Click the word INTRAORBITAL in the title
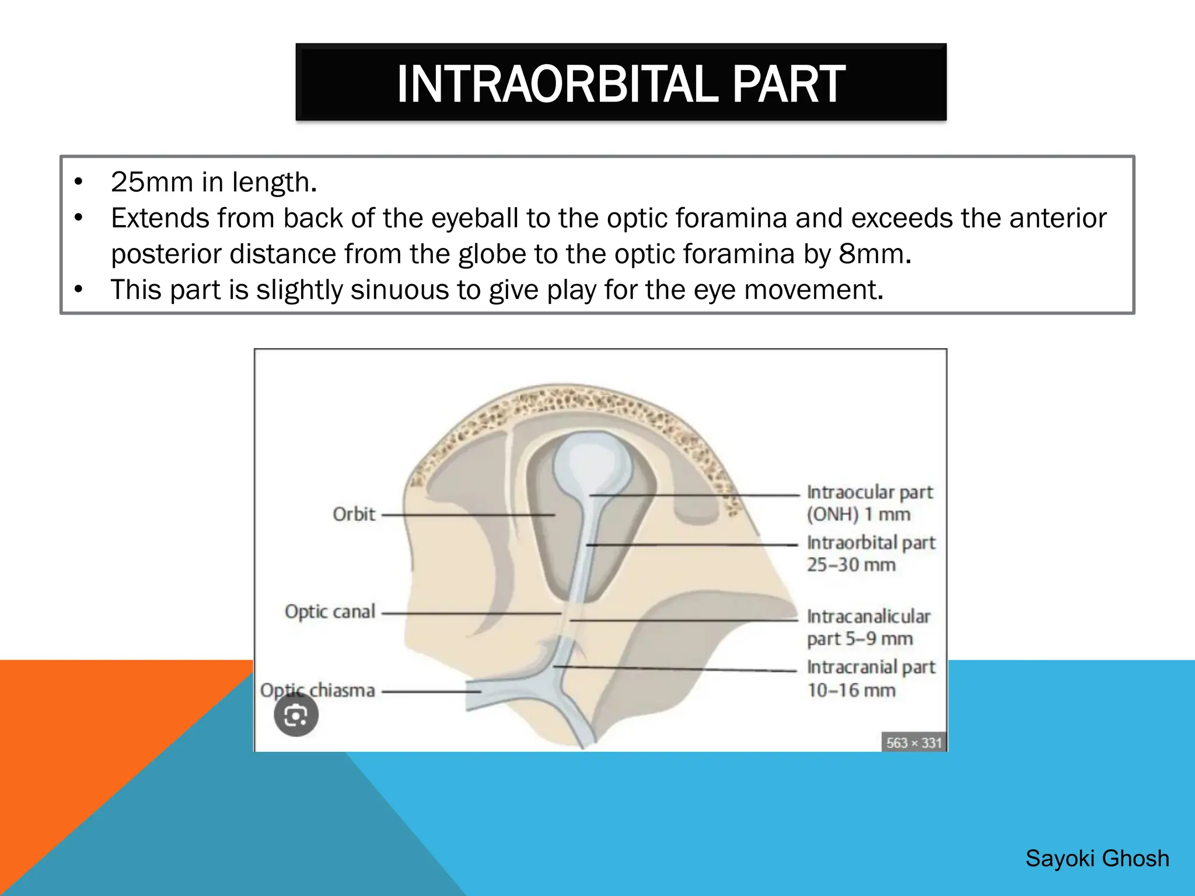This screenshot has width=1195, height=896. click(x=557, y=84)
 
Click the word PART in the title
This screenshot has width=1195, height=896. click(x=788, y=84)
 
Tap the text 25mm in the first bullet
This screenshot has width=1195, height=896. click(x=152, y=182)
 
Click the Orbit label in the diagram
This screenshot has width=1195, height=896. click(x=354, y=514)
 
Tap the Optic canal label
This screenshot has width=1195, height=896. click(x=330, y=611)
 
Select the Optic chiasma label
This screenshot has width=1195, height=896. click(x=317, y=690)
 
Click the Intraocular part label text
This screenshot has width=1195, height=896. click(x=869, y=492)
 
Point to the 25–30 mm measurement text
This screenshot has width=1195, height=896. click(x=851, y=565)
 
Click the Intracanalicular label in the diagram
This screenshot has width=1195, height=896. click(x=868, y=617)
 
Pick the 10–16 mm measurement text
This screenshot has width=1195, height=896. click(x=851, y=690)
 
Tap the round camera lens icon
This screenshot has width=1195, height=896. click(x=296, y=715)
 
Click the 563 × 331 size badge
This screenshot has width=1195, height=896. click(x=913, y=743)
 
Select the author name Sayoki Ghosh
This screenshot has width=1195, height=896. click(x=1097, y=859)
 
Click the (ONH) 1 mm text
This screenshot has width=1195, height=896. click(x=858, y=514)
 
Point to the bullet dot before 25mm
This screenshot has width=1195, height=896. click(x=79, y=182)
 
